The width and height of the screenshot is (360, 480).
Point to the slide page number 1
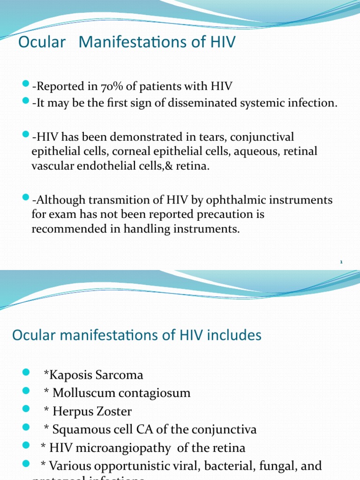click(342, 262)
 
